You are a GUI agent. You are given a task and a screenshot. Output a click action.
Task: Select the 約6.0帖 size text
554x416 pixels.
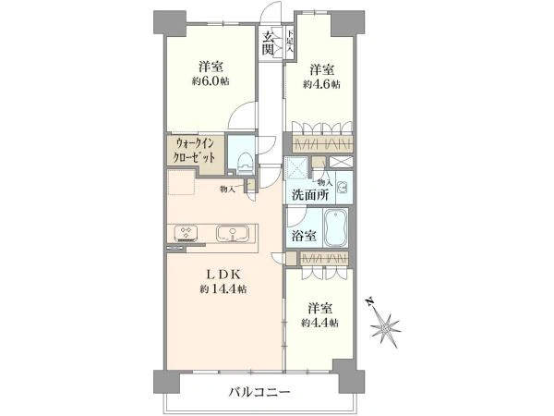(x=211, y=81)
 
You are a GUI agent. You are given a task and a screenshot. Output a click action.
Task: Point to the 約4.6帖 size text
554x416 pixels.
(x=320, y=84)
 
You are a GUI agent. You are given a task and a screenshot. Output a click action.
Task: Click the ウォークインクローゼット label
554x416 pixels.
(x=193, y=151)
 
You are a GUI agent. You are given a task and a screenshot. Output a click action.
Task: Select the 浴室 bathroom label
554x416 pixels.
(x=305, y=235)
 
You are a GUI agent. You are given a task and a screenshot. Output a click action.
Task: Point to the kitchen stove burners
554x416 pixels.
(x=185, y=233)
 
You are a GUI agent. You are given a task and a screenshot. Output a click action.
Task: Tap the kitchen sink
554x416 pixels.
(x=226, y=233)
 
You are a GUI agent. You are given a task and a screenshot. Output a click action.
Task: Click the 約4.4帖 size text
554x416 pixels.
(x=319, y=323)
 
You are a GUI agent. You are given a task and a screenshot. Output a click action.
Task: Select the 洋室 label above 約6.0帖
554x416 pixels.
(x=211, y=67)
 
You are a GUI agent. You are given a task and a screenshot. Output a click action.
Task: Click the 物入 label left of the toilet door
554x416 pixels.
(x=227, y=189)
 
